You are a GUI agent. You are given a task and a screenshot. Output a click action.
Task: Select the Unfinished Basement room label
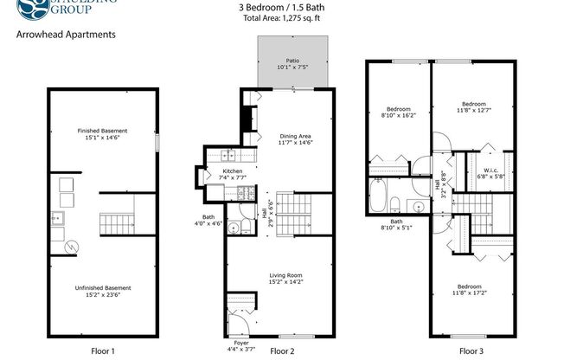click(x=103, y=290)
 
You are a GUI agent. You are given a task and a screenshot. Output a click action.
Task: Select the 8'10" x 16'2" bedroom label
click(x=399, y=112)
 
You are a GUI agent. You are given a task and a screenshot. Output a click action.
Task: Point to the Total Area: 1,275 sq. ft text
click(x=281, y=17)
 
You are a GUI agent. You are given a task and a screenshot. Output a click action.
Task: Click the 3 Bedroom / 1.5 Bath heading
click(x=281, y=7)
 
